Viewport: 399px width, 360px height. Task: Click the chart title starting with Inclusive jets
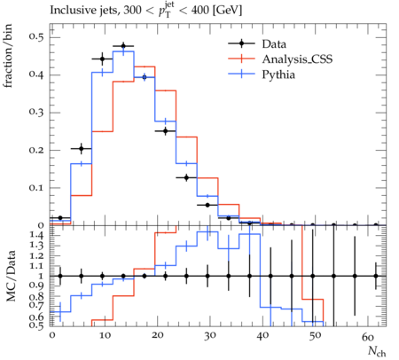tap(145, 11)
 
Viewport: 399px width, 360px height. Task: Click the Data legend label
tap(274, 44)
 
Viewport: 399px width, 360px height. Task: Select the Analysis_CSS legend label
tap(297, 59)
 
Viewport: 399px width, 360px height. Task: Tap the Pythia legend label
tap(278, 74)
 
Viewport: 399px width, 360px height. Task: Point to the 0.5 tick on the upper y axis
tap(36, 36)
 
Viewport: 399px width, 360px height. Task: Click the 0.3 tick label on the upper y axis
tap(36, 112)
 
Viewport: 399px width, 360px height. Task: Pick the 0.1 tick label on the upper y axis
tap(36, 187)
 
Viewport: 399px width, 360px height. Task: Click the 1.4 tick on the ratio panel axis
tap(37, 235)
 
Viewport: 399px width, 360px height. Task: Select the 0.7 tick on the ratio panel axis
tap(37, 304)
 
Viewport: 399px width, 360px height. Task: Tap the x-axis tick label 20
tap(157, 335)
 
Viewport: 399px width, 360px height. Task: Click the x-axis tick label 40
tap(262, 335)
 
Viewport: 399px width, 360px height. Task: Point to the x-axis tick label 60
tap(368, 336)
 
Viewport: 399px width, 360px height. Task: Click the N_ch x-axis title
tap(377, 351)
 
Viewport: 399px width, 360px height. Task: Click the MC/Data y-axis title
tap(11, 276)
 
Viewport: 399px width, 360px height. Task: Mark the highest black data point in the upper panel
tap(123, 46)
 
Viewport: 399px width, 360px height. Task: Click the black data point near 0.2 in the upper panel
tap(82, 148)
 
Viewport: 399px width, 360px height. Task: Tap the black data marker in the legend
tap(241, 43)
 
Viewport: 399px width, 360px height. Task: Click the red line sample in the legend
tap(241, 59)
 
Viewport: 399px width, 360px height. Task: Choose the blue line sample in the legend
tap(241, 74)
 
